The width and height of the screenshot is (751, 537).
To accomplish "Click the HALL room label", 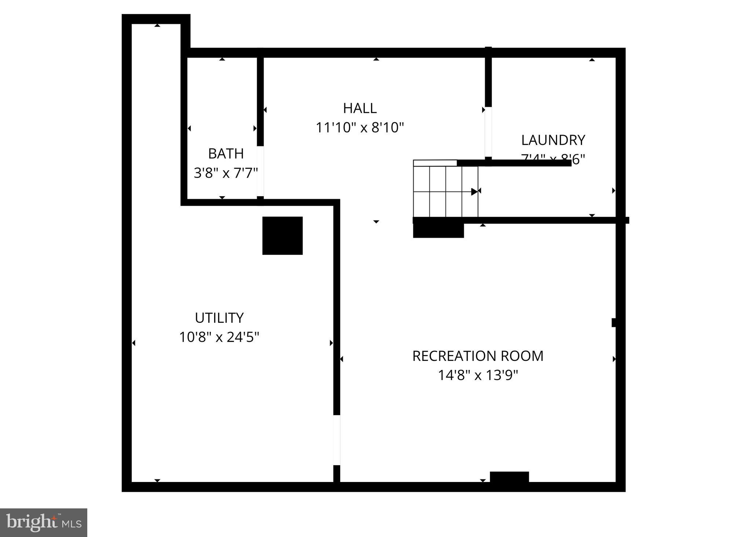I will (360, 108).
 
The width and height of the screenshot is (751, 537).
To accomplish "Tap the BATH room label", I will (226, 154).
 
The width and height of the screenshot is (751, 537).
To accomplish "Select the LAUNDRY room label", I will (553, 140).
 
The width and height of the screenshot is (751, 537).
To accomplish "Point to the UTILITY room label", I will (219, 318).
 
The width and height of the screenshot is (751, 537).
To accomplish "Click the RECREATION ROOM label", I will (478, 356).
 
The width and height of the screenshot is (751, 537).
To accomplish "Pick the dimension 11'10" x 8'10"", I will (360, 128).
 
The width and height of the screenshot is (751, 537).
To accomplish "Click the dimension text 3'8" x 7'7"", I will (226, 173).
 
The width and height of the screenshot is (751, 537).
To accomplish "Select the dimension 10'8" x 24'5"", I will (219, 337).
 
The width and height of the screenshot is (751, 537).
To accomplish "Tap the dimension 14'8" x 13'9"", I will (478, 375).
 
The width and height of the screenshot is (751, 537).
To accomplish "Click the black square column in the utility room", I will (282, 235).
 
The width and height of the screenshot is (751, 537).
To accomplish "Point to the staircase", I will (446, 191).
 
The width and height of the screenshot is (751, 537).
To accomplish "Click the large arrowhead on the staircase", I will (475, 191).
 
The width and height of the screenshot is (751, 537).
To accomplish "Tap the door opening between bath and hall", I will (260, 171).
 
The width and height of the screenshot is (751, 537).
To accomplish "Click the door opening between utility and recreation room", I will (336, 440).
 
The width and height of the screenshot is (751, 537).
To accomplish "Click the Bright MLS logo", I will (44, 522).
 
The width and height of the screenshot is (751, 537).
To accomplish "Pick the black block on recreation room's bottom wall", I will (509, 477).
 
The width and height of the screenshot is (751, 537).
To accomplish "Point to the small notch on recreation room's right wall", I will (613, 322).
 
